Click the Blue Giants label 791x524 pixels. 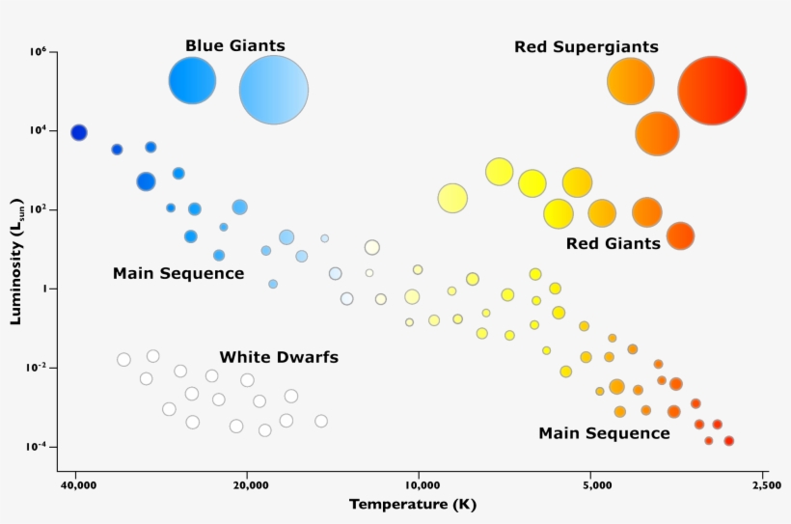tap(235, 45)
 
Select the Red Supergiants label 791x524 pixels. tap(586, 46)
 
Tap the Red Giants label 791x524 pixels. tap(614, 243)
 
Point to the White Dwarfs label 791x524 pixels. tap(279, 357)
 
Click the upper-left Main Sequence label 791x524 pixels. tap(178, 273)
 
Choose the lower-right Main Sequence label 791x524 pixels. tap(604, 433)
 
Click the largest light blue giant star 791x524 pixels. tap(274, 91)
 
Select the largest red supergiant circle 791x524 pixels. tap(712, 91)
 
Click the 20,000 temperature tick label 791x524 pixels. tap(249, 485)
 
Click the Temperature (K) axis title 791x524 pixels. tap(413, 505)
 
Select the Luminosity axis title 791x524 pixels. tap(16, 262)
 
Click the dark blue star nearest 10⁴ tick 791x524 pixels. tap(79, 132)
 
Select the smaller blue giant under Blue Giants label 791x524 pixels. tap(192, 81)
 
